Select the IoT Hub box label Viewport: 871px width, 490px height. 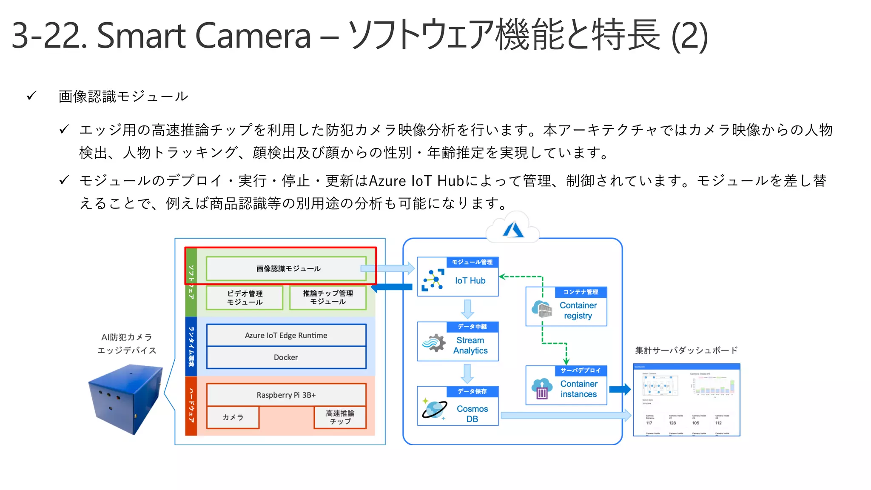click(470, 281)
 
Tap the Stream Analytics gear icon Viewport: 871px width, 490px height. click(434, 343)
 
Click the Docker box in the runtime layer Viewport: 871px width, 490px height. click(286, 357)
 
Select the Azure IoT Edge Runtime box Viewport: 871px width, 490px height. click(286, 335)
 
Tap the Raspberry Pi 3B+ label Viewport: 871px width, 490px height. click(286, 395)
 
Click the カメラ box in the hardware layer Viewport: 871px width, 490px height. click(233, 417)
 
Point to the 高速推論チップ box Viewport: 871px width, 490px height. click(340, 417)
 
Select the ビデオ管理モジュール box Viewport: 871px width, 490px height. click(245, 298)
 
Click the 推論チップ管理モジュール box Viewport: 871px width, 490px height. click(327, 297)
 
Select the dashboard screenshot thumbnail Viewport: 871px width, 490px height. click(686, 400)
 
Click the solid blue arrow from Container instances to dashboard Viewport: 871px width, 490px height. click(619, 389)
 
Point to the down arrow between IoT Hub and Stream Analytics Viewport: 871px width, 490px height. click(467, 309)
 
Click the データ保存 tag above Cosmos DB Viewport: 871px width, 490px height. click(472, 391)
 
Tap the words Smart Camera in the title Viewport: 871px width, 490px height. click(204, 36)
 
